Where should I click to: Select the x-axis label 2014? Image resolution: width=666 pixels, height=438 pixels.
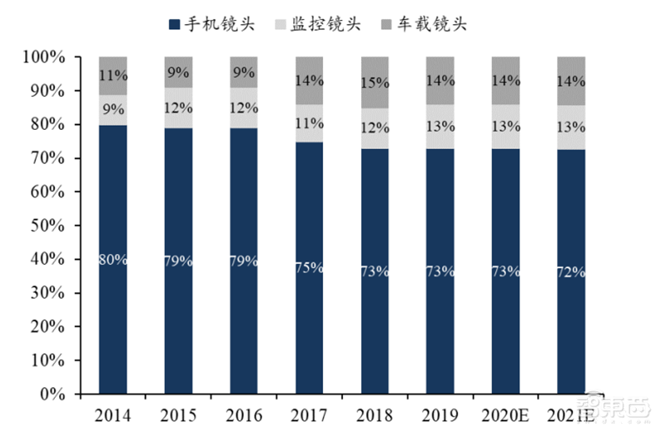[113, 414]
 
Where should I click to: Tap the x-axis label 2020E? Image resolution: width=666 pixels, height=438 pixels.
[505, 414]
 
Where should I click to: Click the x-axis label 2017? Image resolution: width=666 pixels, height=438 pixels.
[310, 414]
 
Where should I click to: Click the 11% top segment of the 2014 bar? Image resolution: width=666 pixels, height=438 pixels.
[113, 75]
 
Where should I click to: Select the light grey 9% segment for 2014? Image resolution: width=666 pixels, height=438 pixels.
[113, 109]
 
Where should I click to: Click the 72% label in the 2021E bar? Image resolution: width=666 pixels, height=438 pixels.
[571, 271]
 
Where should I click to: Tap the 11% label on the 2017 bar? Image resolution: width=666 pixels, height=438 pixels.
[310, 123]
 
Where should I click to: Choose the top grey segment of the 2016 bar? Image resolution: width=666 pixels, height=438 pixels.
[244, 72]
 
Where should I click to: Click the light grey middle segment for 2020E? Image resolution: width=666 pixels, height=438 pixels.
[505, 127]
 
